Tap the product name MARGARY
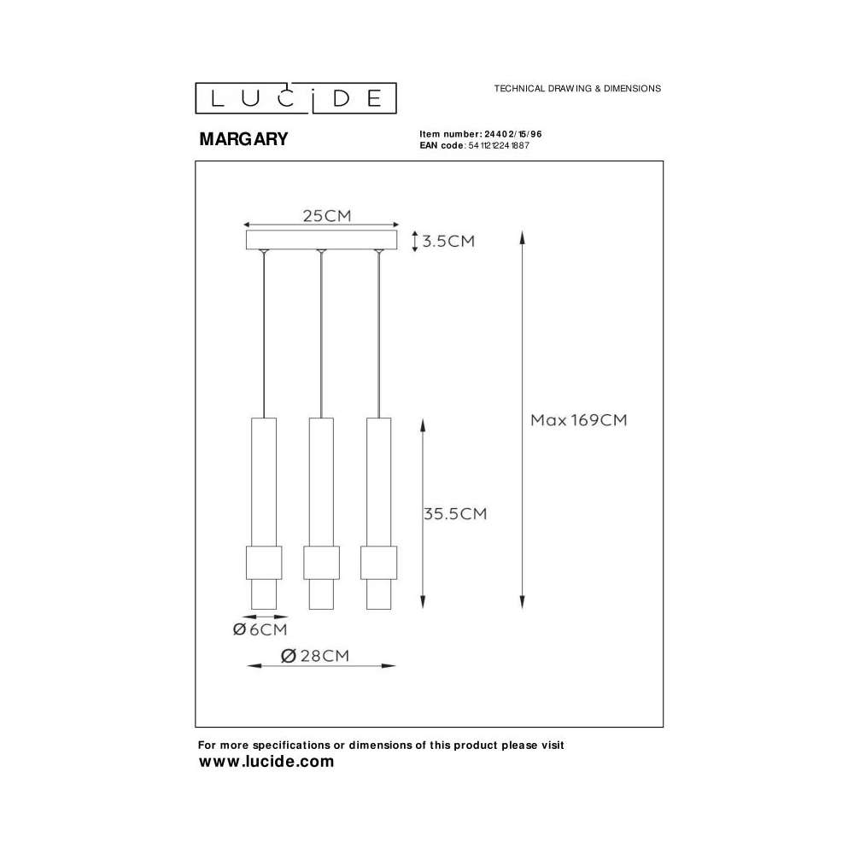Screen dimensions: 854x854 [243, 139]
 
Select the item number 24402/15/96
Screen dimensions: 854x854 [513, 134]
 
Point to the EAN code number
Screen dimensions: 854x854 [499, 145]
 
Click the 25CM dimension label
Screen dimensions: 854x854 [327, 216]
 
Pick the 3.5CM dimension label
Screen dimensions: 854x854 [449, 242]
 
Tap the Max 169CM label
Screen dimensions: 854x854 [579, 420]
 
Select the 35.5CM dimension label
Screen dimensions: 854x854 [455, 513]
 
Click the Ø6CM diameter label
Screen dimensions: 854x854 [260, 629]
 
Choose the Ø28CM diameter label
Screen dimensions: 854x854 [315, 656]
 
